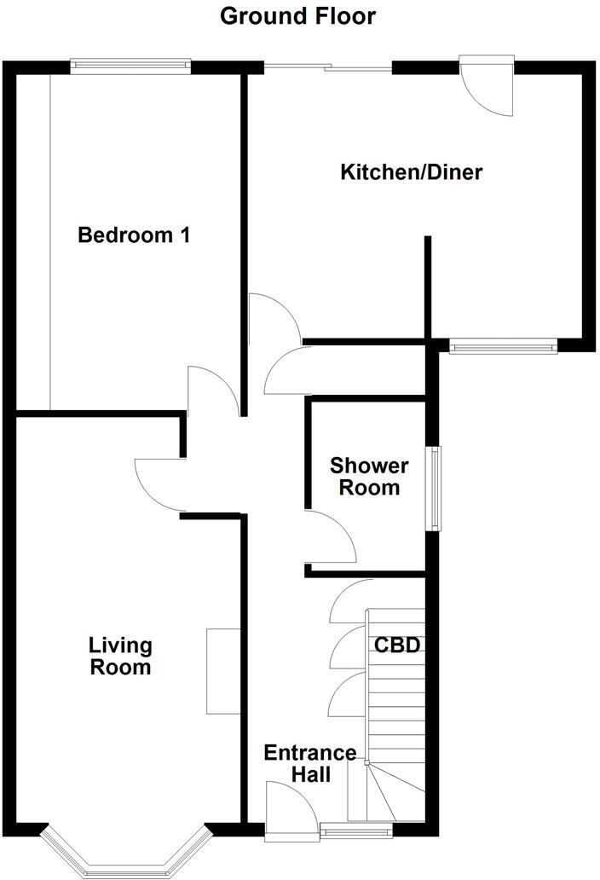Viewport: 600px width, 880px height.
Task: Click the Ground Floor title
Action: [x=297, y=15]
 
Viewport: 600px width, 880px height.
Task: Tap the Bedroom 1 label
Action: [x=133, y=234]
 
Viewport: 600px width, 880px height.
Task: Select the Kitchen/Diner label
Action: [x=412, y=172]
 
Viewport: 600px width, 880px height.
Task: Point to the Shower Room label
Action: [x=369, y=477]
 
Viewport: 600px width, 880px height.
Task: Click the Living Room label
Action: [x=122, y=656]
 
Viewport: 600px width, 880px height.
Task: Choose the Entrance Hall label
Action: [x=309, y=763]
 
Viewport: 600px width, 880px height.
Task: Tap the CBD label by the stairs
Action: [x=397, y=646]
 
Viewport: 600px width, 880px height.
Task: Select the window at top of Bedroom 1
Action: [x=130, y=64]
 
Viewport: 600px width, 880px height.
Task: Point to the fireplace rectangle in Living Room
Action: [x=223, y=671]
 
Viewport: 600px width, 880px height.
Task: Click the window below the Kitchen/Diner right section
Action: [x=503, y=346]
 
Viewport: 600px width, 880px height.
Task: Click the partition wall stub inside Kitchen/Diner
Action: [x=429, y=287]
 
